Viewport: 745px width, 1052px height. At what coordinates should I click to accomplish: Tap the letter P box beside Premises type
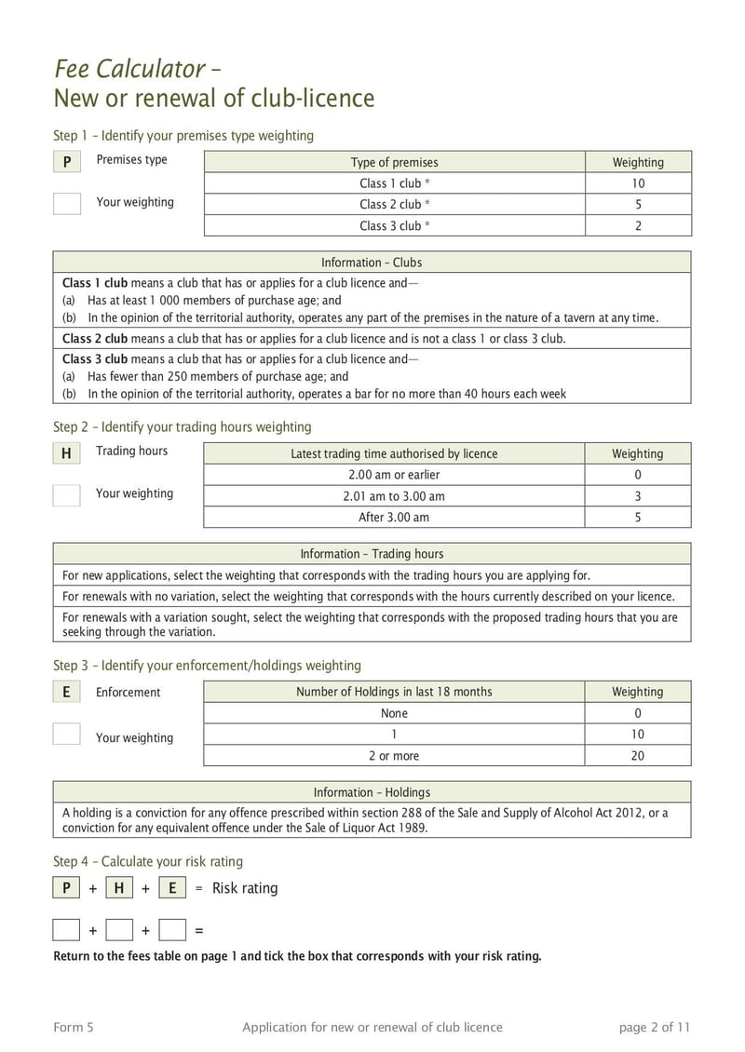(x=67, y=162)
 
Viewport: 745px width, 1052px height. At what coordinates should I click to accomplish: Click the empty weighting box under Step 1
(x=67, y=203)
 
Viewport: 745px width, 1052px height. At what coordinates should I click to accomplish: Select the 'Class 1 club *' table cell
(x=394, y=183)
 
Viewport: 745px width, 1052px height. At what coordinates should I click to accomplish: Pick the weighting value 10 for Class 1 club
(x=638, y=183)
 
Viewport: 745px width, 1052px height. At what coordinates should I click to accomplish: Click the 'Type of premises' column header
(x=394, y=162)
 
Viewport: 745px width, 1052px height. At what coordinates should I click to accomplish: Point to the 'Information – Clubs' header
(x=372, y=263)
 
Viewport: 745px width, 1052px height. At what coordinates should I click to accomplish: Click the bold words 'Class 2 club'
(x=95, y=338)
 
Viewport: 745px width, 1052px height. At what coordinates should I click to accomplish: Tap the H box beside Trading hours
(x=66, y=453)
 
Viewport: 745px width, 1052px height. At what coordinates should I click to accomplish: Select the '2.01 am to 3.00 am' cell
(x=394, y=496)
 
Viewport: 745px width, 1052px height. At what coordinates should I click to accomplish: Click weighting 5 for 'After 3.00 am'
(x=638, y=518)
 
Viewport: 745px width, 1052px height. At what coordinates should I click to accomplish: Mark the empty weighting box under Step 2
(x=67, y=494)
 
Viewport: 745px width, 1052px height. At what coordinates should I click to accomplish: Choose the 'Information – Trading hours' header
(x=372, y=554)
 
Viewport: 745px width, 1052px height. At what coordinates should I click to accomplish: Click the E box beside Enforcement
(x=66, y=692)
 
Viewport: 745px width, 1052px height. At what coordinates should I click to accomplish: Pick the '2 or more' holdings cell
(x=394, y=756)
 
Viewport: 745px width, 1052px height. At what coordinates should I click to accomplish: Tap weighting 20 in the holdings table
(x=638, y=756)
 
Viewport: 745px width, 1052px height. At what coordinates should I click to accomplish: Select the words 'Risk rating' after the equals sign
(x=245, y=888)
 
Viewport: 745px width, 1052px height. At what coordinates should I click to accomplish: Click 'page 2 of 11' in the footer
(x=655, y=1028)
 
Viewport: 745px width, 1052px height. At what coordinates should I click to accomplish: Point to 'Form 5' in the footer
(x=74, y=1028)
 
